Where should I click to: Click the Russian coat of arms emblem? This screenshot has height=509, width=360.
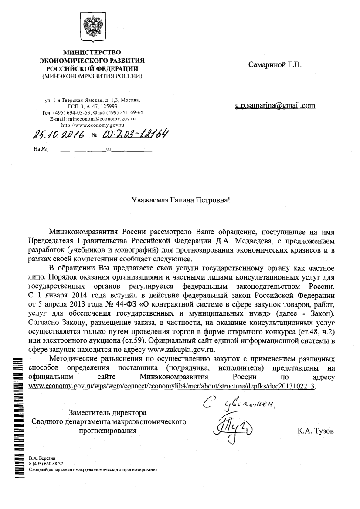(92, 27)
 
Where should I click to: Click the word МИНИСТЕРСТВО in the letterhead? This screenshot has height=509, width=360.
(92, 52)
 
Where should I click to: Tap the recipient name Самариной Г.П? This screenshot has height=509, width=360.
(275, 65)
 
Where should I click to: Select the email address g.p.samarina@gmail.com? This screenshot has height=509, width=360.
(275, 105)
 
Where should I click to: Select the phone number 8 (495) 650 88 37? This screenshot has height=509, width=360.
(46, 464)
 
